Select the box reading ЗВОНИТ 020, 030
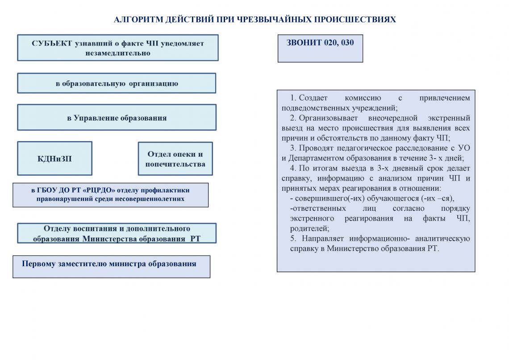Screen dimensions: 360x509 coord(320,48)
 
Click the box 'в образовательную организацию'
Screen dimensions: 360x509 coord(117,83)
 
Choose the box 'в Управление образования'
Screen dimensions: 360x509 coord(117,118)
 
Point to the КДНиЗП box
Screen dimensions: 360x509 coord(54,159)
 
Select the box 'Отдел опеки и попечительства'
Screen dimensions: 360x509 coord(175,159)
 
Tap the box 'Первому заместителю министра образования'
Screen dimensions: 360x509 coord(111,267)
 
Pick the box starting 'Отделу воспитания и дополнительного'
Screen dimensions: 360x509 coord(117,233)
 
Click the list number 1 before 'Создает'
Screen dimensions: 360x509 coord(292,98)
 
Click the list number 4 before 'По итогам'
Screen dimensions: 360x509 coord(292,168)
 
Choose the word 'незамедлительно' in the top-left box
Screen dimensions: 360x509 coord(118,53)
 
